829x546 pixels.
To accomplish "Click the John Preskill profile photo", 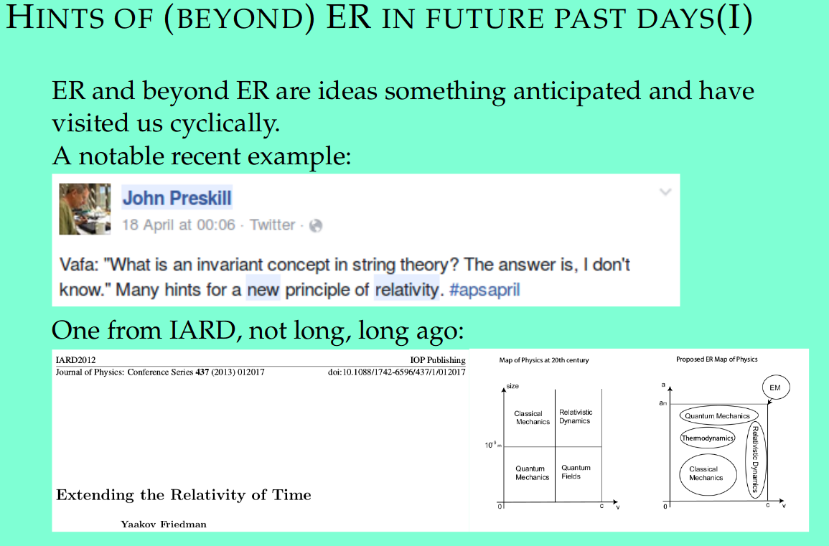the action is pos(85,209).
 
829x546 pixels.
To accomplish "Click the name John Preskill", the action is pos(177,198).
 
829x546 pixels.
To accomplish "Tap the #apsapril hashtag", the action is pos(484,290).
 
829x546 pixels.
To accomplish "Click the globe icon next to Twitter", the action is pos(316,226).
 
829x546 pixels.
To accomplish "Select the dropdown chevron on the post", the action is pos(665,192).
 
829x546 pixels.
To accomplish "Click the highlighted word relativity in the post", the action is pos(406,290).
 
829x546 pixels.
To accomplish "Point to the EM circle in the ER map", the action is pos(776,387).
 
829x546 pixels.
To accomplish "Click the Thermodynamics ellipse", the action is pos(708,438).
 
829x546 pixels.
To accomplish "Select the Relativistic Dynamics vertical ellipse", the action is pos(756,459).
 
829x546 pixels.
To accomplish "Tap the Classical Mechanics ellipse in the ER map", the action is pos(708,474).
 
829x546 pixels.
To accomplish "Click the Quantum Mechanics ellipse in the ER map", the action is pos(718,416).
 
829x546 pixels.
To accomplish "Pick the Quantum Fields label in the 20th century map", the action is pos(575,472).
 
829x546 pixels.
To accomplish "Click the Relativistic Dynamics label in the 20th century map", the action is pos(575,417).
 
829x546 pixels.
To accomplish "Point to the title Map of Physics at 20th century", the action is pos(543,360).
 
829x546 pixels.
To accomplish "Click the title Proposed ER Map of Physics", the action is pos(716,359).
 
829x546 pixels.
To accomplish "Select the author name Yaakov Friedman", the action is pos(164,524).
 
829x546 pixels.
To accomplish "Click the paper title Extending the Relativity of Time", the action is pos(184,495).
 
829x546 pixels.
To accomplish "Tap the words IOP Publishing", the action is pos(438,360).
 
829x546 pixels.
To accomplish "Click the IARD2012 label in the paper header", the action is pos(75,360).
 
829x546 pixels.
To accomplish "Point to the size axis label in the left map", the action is pos(512,386).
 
